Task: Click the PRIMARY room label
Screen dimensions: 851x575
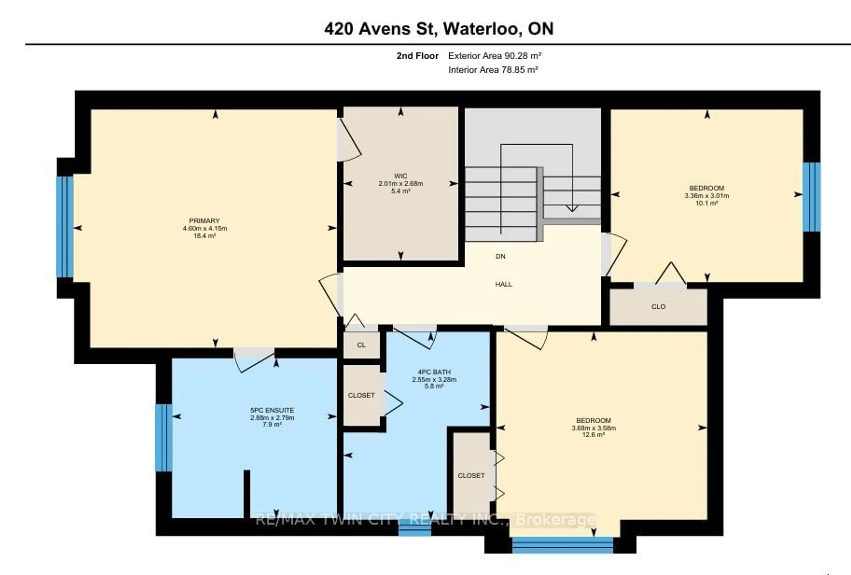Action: [x=204, y=221]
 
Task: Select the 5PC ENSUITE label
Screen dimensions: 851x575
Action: [x=272, y=410]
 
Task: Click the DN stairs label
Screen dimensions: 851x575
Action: [x=501, y=256]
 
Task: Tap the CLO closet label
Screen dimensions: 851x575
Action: [x=658, y=307]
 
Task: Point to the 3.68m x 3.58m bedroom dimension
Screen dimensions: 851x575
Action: [x=593, y=428]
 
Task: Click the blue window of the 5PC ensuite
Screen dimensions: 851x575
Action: [x=164, y=438]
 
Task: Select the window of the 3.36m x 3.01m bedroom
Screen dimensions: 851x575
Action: [x=812, y=197]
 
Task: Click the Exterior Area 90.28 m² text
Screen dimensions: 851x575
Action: [x=495, y=56]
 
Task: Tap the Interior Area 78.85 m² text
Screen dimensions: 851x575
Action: [x=493, y=70]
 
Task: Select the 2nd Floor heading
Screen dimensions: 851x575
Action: [x=418, y=56]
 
